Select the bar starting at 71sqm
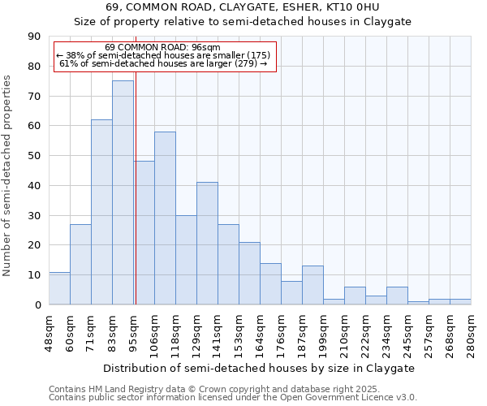(101, 212)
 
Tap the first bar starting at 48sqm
(59, 288)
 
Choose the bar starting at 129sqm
(207, 244)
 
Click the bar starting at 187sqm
(312, 285)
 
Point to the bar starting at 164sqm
(270, 283)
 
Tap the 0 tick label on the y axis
(37, 304)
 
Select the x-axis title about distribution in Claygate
(259, 368)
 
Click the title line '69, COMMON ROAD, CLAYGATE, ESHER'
(243, 7)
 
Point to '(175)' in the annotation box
(253, 55)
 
